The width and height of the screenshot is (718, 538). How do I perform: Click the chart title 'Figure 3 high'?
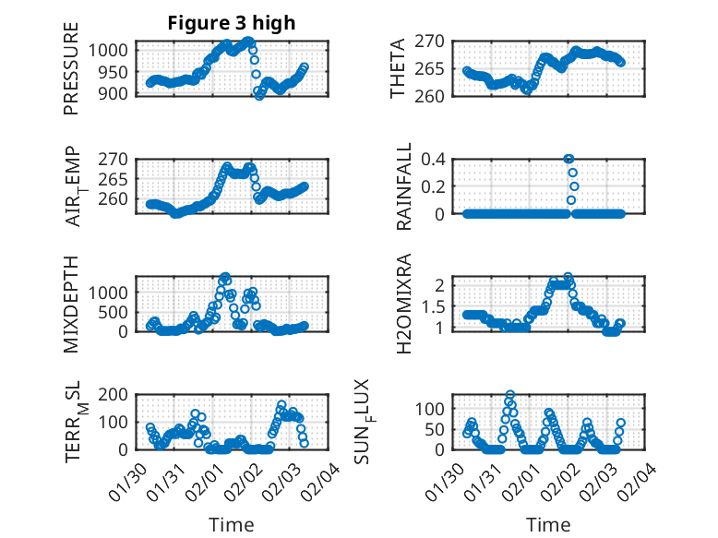[x=232, y=23]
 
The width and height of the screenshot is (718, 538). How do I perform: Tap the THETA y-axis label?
[x=398, y=68]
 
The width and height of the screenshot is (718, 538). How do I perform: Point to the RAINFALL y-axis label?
[x=404, y=186]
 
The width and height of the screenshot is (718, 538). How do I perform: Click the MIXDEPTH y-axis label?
[x=72, y=304]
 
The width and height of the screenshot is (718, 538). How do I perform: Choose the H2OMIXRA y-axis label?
[x=404, y=304]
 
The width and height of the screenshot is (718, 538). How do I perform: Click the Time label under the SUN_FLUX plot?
[x=548, y=524]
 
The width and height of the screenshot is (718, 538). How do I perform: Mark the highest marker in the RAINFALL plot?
[x=568, y=159]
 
